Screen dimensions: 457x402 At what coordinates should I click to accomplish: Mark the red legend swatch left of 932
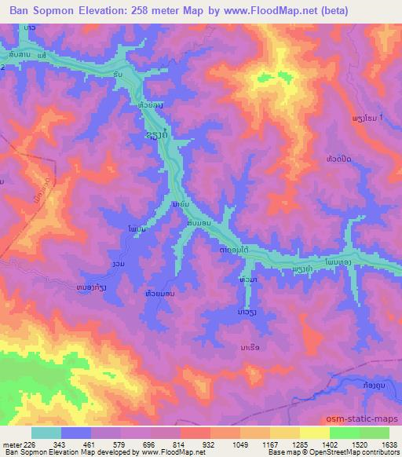[196, 433]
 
